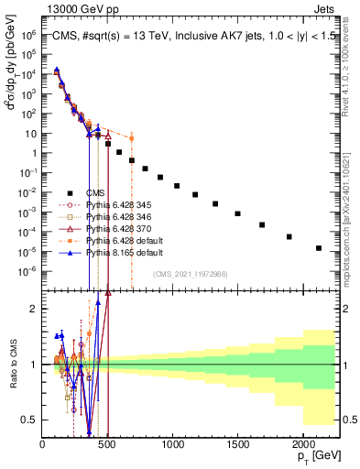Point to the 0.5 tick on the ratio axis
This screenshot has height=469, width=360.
coord(31,420)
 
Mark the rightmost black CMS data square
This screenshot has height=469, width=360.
coord(318,248)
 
